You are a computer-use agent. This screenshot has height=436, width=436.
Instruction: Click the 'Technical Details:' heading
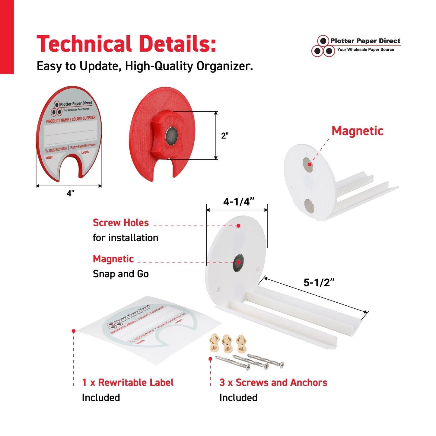click(126, 44)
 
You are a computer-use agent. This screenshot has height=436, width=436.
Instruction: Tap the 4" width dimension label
click(70, 193)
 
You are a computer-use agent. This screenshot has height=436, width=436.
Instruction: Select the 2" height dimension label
click(225, 136)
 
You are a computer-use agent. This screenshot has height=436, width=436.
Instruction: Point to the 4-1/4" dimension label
click(239, 202)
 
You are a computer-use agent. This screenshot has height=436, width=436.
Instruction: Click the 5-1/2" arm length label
click(319, 283)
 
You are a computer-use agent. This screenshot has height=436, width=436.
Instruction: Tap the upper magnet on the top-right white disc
click(308, 165)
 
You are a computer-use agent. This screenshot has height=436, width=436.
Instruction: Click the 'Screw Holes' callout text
click(121, 223)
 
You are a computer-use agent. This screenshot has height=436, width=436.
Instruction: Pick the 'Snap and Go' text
click(121, 274)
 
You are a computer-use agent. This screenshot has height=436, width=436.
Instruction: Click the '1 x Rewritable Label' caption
click(128, 383)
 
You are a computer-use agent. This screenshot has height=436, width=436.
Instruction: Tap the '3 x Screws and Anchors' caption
click(273, 383)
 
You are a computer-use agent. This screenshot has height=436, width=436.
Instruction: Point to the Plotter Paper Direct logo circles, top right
click(323, 46)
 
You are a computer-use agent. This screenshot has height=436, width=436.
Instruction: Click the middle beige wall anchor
click(227, 343)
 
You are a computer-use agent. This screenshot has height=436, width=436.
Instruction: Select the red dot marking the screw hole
click(238, 226)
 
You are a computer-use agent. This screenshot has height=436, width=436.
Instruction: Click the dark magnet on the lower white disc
click(238, 262)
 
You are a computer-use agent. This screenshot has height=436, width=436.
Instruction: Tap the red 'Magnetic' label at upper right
click(357, 131)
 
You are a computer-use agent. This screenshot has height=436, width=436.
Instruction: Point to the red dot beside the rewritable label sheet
click(74, 331)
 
